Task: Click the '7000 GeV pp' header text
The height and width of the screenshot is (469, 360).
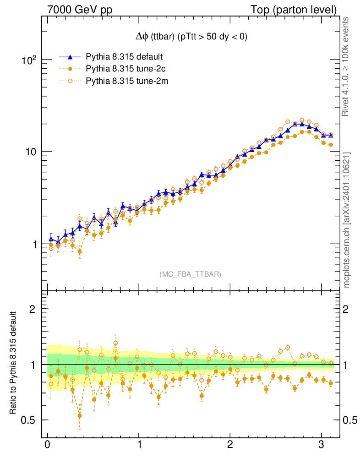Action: [80, 10]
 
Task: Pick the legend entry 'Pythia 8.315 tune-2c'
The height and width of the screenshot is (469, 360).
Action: [125, 69]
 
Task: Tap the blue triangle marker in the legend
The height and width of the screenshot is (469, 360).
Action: [70, 57]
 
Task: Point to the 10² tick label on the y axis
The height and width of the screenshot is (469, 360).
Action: [30, 60]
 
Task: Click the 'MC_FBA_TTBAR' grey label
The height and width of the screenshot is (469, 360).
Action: [190, 274]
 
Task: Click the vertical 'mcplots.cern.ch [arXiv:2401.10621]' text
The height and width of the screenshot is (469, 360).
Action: [347, 220]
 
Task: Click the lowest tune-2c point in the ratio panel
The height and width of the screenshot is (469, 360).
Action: [80, 416]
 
